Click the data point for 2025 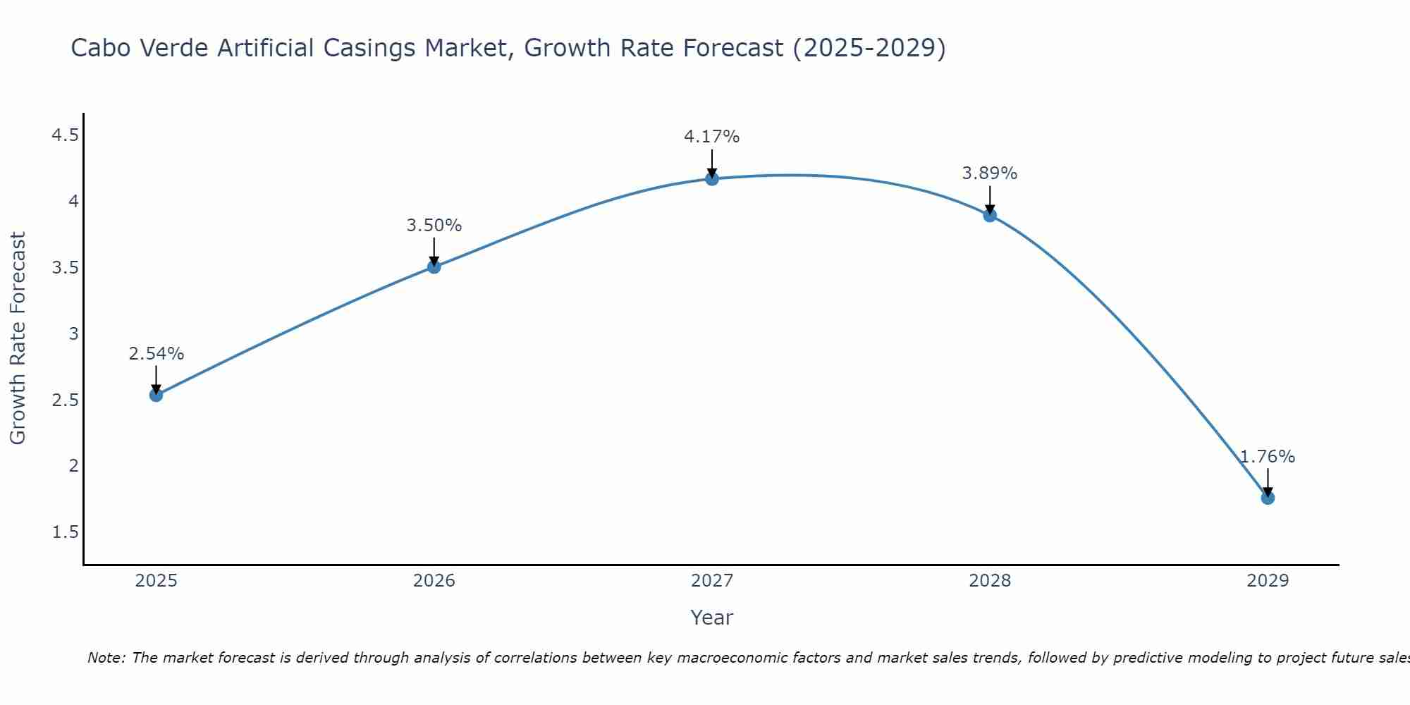click(157, 395)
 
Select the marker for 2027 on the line click(712, 179)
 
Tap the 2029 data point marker click(1268, 498)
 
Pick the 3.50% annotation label click(434, 226)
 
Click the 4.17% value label click(712, 137)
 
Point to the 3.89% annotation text click(990, 173)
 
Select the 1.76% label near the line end click(1268, 457)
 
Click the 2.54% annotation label click(157, 354)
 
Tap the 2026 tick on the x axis click(434, 581)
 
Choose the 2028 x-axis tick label click(990, 581)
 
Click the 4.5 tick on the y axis click(65, 135)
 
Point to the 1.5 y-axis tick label click(65, 532)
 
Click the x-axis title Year click(712, 618)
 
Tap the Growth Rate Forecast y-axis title click(18, 338)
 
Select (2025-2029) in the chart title click(869, 48)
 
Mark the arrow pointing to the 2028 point click(990, 199)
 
